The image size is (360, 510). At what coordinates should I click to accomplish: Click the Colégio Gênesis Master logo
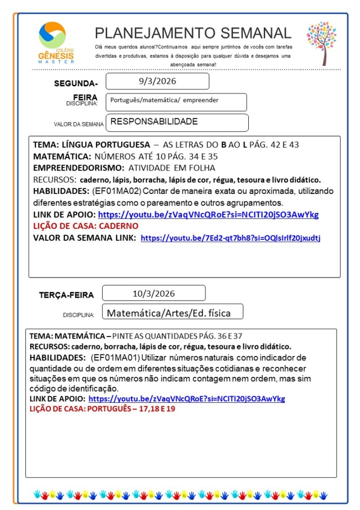coord(56,43)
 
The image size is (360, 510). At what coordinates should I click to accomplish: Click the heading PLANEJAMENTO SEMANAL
coord(193,33)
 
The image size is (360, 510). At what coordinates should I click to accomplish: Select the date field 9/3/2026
coord(157,81)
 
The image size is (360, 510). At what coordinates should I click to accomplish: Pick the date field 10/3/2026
coord(154,293)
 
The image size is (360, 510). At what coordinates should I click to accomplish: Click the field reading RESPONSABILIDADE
coord(177,122)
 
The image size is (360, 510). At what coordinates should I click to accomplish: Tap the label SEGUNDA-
coord(76,83)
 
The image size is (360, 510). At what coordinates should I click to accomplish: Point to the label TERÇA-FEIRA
coord(66,295)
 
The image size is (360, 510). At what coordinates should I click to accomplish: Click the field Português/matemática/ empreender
coord(176,102)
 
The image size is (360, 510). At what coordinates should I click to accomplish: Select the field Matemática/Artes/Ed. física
coord(172,313)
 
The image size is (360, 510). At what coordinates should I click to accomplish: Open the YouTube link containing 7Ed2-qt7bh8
coord(230,238)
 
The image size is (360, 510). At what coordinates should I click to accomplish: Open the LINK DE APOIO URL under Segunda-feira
coord(208,215)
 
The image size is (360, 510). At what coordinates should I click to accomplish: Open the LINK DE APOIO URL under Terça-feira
coord(186,399)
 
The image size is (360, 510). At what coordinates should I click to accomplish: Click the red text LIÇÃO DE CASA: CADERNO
coord(85,226)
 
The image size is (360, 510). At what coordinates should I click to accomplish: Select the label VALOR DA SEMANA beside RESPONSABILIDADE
coord(79,124)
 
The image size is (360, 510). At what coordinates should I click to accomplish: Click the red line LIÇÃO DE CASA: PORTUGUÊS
coord(102,409)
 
